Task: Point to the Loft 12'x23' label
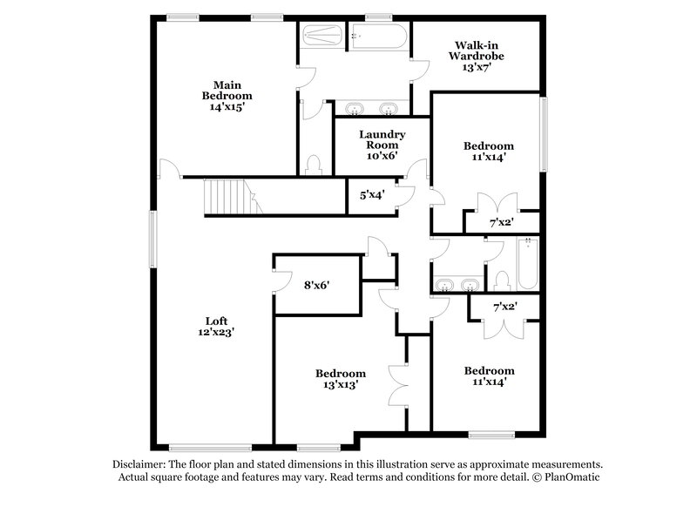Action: pyautogui.click(x=214, y=325)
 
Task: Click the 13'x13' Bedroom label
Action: pyautogui.click(x=336, y=378)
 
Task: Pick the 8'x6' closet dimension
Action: pyautogui.click(x=316, y=284)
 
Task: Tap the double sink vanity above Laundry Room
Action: pyautogui.click(x=373, y=109)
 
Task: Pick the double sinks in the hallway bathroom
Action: pyautogui.click(x=456, y=284)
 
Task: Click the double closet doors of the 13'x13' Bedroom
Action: pyautogui.click(x=398, y=381)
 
